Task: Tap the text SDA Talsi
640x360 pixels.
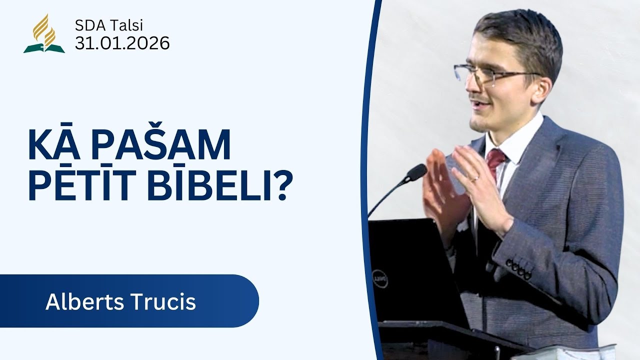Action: click(x=109, y=25)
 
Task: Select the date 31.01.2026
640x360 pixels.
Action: click(x=122, y=43)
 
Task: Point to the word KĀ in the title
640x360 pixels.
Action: click(x=54, y=144)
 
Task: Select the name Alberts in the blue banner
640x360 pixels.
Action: click(x=84, y=301)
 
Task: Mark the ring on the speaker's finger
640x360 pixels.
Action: click(x=474, y=179)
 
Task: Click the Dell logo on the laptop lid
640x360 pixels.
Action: click(x=380, y=278)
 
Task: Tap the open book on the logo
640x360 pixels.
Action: click(x=44, y=48)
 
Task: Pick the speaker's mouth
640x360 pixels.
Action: click(x=480, y=105)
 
